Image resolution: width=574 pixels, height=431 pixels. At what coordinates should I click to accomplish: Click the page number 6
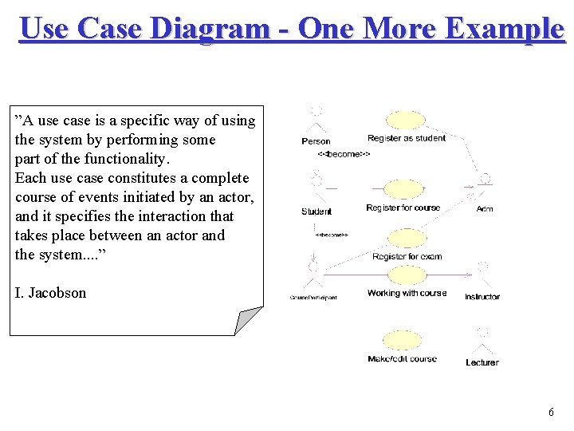click(551, 413)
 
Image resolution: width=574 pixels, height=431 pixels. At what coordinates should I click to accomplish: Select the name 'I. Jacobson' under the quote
click(50, 293)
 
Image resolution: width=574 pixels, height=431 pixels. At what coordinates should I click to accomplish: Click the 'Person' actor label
click(316, 141)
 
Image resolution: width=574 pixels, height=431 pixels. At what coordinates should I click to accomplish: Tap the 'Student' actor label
click(316, 212)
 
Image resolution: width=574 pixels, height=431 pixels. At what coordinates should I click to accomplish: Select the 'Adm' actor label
click(485, 209)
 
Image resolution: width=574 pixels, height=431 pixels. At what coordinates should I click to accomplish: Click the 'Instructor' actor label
click(482, 297)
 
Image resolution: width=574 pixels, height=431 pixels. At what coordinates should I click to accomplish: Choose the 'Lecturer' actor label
click(482, 362)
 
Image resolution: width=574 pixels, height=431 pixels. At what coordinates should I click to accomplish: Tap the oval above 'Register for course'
click(405, 190)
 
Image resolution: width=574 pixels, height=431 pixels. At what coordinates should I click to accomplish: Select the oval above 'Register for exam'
click(407, 239)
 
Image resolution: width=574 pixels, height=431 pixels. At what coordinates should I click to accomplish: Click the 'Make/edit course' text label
click(403, 359)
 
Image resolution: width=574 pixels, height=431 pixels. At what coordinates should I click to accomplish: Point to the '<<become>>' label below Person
click(344, 154)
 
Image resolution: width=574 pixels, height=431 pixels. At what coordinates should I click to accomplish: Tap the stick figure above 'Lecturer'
click(482, 339)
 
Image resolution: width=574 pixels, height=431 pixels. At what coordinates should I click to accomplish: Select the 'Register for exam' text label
click(407, 257)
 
